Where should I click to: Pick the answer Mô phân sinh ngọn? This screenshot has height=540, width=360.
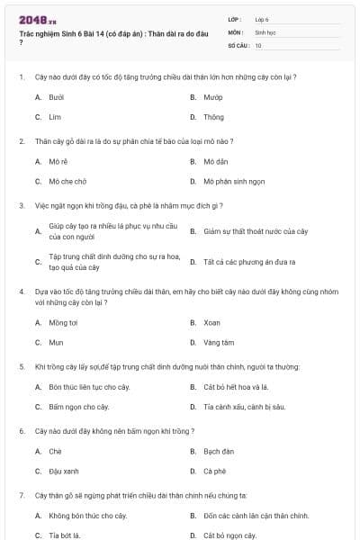click(x=235, y=181)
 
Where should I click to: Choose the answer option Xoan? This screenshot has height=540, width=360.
click(x=211, y=321)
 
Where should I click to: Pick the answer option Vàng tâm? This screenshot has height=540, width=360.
click(x=218, y=342)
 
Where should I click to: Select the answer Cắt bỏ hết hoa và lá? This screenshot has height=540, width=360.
click(x=236, y=386)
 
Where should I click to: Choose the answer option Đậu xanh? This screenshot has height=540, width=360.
click(x=64, y=471)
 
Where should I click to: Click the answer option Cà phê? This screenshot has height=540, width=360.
click(x=214, y=471)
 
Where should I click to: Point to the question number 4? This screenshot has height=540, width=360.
click(x=22, y=292)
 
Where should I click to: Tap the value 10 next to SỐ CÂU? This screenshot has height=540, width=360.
click(x=258, y=44)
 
